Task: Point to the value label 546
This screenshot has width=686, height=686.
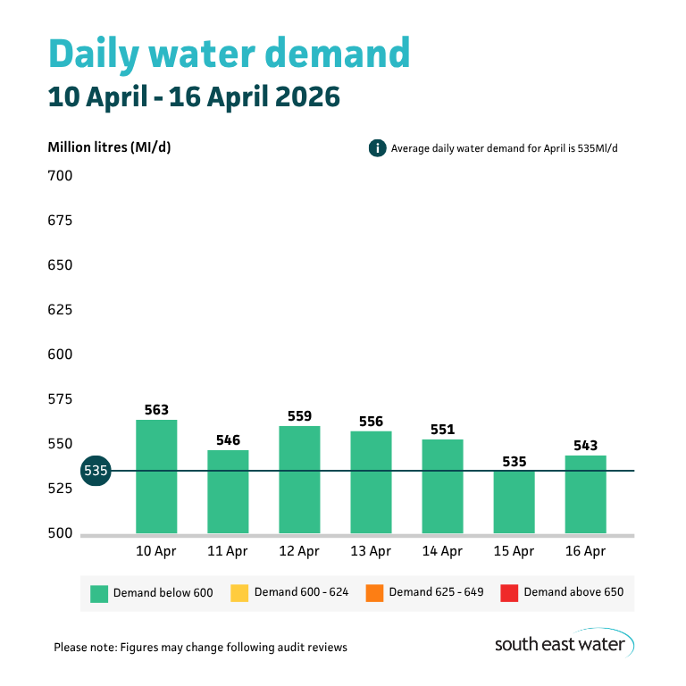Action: tap(228, 440)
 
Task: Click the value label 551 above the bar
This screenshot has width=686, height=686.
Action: tap(442, 430)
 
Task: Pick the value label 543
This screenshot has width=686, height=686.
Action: tap(585, 446)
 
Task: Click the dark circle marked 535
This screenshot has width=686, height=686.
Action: tap(95, 471)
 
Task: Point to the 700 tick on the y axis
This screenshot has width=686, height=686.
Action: tap(60, 176)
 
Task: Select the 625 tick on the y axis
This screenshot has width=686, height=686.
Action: tap(60, 310)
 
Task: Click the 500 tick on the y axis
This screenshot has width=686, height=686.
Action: tap(60, 533)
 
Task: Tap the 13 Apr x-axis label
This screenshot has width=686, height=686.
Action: tap(371, 552)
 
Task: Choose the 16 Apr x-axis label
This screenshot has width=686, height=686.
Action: tap(585, 552)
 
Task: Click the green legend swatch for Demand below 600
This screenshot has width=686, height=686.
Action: tap(99, 592)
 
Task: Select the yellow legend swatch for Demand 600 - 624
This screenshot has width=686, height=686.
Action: tap(238, 592)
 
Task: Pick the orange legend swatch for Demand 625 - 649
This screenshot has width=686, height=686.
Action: tap(374, 592)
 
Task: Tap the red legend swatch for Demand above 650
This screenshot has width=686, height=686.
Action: tap(509, 592)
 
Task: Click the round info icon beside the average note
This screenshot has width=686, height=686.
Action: tap(377, 147)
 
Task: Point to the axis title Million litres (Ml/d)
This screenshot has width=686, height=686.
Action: tap(109, 147)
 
